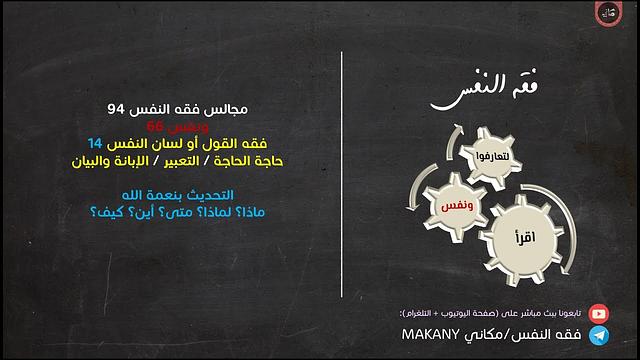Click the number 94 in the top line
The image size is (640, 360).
point(118,107)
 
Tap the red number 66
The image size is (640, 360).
point(157,125)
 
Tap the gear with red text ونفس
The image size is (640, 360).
point(444,205)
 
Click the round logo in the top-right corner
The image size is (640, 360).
point(612,15)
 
